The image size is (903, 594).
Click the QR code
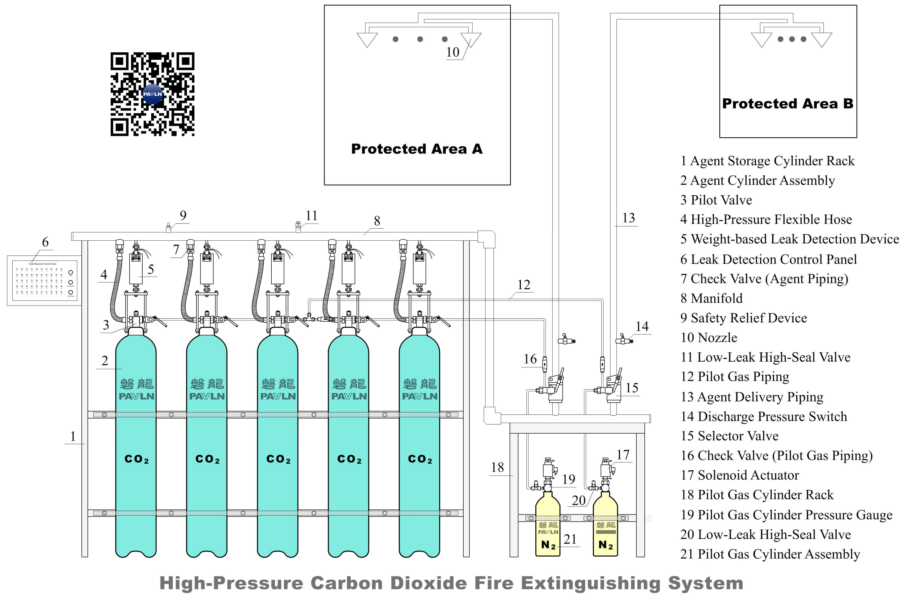point(152,94)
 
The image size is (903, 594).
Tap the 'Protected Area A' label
point(417,149)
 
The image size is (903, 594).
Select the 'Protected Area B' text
point(787,104)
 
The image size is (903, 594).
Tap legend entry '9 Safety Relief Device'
point(743,318)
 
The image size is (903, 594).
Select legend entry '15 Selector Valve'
point(729,436)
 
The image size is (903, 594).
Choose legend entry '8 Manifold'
point(711,298)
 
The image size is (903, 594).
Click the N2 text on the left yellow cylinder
point(548,545)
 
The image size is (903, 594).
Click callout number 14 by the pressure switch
point(642,326)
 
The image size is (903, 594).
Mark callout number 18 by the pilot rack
point(498,467)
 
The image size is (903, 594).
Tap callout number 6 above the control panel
point(45,242)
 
